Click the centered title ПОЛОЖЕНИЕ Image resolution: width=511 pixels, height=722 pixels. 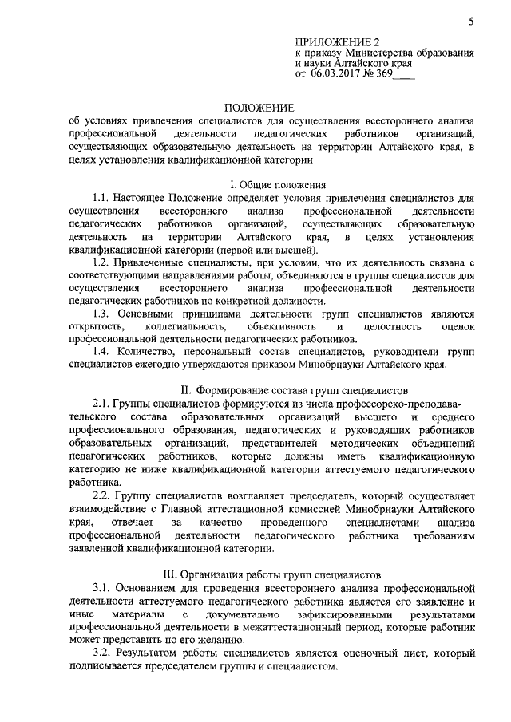pos(259,106)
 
